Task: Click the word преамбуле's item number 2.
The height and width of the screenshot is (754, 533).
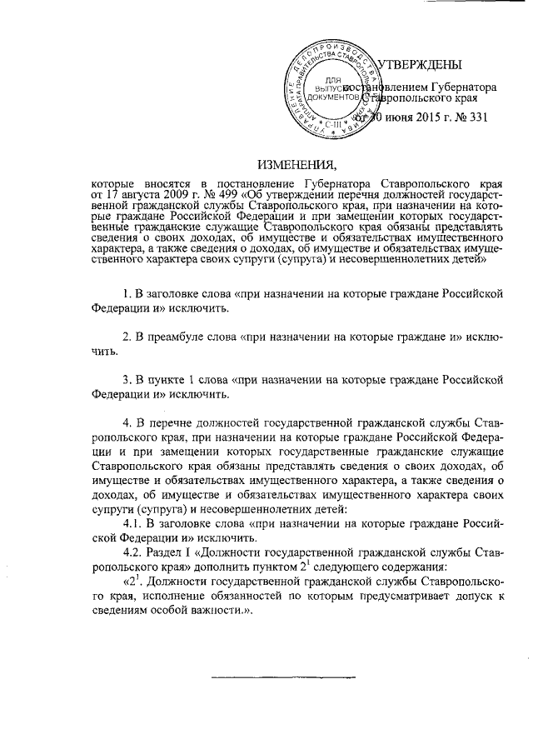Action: [x=127, y=338]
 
